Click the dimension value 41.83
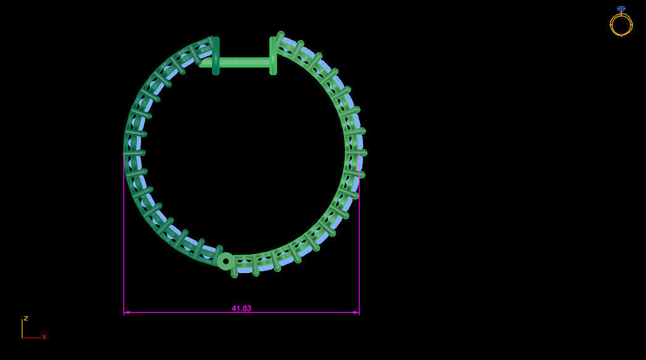pos(242,308)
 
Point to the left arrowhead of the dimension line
pos(126,313)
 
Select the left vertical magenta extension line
pos(124,247)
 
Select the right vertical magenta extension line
pos(359,247)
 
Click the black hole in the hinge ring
pos(226,261)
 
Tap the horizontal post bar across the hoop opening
pos(243,62)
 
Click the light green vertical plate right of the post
pos(273,55)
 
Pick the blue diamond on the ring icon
pos(621,9)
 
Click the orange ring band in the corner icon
pos(621,25)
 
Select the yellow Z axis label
pos(26,319)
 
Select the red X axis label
pos(44,337)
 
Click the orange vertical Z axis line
pos(22,328)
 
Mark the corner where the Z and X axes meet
pos(22,338)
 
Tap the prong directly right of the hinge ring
pos(234,266)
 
